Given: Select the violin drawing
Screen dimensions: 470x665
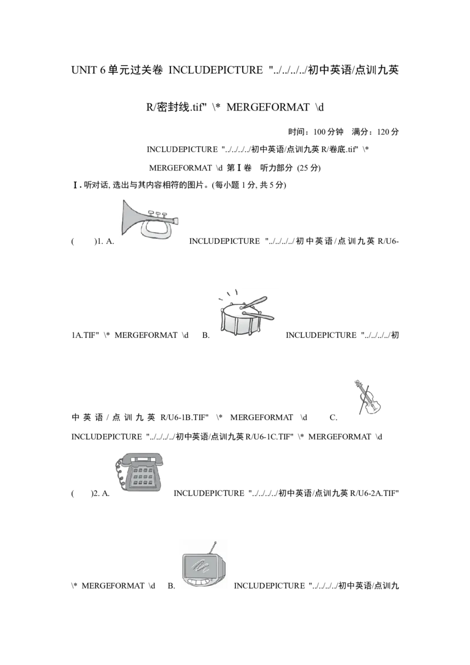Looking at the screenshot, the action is [367, 398].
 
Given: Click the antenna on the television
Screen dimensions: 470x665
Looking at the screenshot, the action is [211, 548].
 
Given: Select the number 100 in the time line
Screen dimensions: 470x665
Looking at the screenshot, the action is [320, 132].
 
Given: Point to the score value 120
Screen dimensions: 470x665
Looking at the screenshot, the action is [382, 132].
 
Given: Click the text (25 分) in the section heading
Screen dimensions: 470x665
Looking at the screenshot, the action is [309, 168].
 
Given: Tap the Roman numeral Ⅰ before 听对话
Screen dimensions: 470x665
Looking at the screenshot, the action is [76, 185].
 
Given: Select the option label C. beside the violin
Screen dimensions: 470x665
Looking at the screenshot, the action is [334, 418].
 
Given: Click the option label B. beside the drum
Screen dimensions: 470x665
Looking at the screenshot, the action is [206, 335].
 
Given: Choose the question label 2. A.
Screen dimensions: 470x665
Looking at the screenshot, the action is [100, 493].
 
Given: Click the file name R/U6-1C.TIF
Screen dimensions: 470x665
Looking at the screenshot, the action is [269, 437].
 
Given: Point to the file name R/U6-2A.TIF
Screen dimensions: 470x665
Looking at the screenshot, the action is [375, 493].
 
